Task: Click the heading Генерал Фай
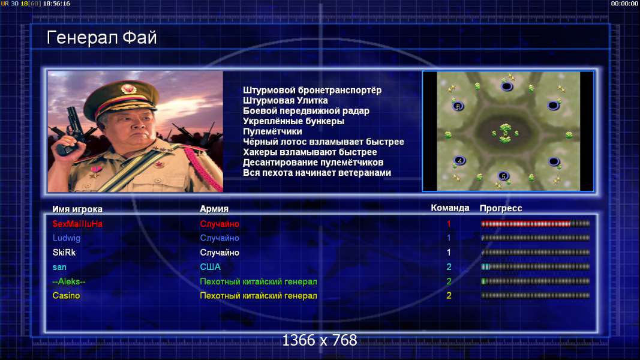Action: pos(101,38)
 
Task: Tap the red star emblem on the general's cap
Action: pos(129,89)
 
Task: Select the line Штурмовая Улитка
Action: pos(286,100)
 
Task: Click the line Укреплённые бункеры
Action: pos(293,121)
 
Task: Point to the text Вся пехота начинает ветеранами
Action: pos(317,173)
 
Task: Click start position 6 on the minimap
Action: pos(458,106)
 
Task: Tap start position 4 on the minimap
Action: pos(459,160)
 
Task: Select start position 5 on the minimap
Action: pos(503,176)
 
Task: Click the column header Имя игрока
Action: pos(77,209)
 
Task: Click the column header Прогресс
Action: pos(501,208)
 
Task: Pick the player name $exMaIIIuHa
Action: pos(77,224)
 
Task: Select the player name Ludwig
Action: pos(67,238)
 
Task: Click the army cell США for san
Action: pos(210,267)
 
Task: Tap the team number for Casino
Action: pos(449,296)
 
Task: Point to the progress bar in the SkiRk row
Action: pos(536,253)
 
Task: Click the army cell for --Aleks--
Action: pos(259,281)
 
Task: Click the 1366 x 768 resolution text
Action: pos(320,340)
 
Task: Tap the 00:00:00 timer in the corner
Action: pos(624,4)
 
